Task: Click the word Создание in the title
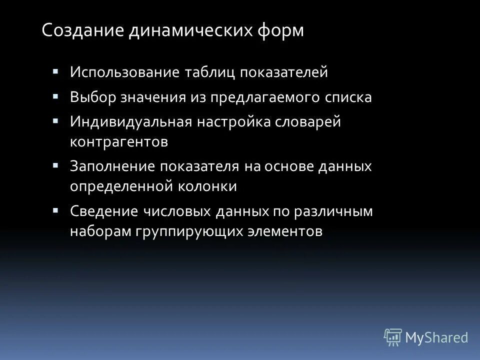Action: (82, 30)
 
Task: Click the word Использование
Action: (125, 72)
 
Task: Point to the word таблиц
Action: (210, 72)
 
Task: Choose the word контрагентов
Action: (119, 141)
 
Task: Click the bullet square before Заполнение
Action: (55, 164)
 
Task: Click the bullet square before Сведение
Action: (55, 208)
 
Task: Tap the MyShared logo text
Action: (436, 337)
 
